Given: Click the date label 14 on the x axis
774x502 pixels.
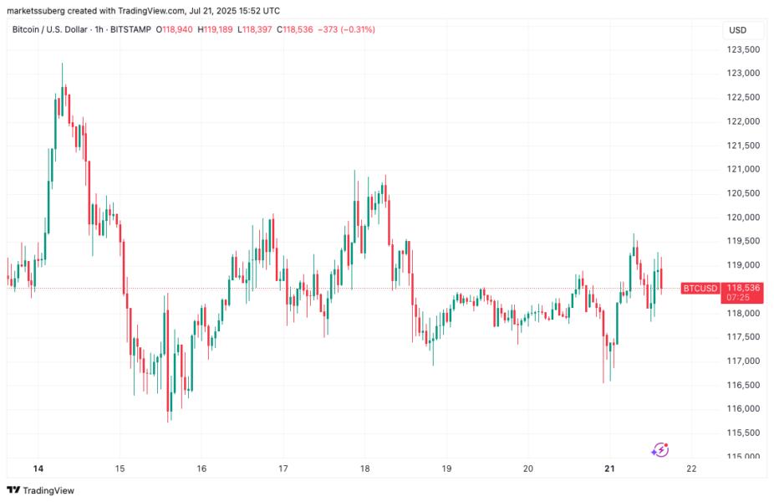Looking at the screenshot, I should point(38,469).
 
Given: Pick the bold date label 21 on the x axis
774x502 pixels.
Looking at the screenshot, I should point(609,469).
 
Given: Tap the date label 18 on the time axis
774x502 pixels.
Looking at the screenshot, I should point(364,469).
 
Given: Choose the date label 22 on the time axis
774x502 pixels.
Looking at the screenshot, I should point(690,469).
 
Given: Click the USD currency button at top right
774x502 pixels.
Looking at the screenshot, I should point(738,30).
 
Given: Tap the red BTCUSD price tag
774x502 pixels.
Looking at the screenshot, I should point(700,289).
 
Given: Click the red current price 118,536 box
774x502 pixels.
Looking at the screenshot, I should point(743,288).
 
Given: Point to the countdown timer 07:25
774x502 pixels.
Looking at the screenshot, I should point(738,297).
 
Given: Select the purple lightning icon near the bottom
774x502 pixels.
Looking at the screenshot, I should point(659,450).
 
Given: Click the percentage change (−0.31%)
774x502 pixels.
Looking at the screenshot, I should point(354,30).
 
